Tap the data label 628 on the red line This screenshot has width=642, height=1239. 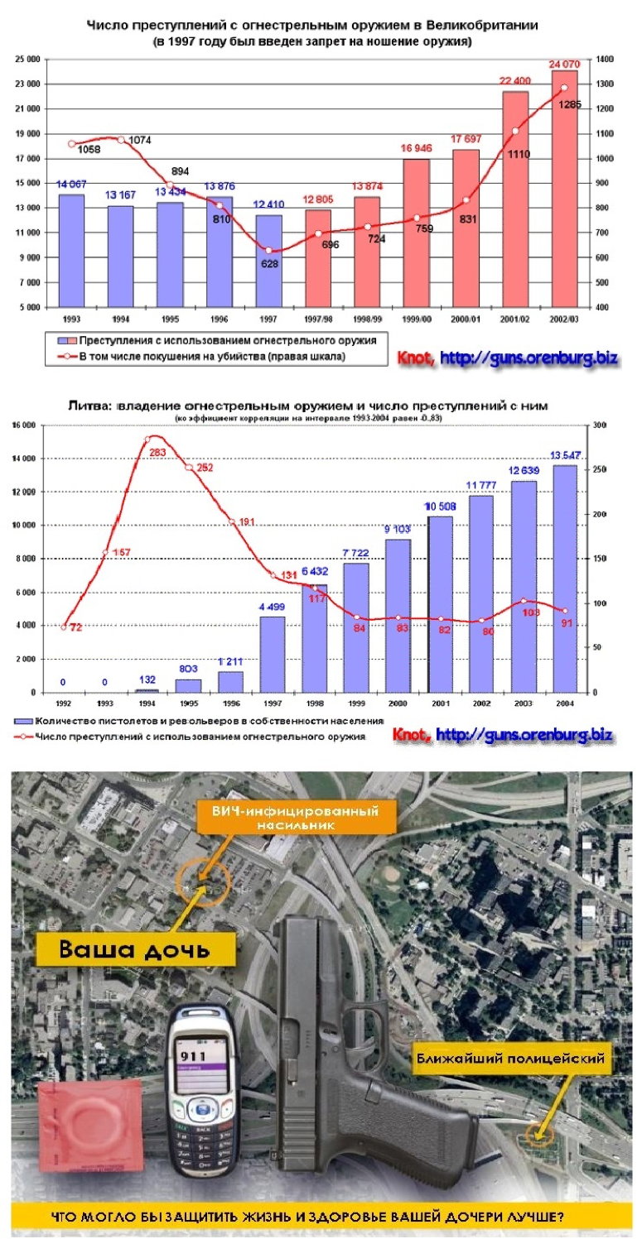[270, 263]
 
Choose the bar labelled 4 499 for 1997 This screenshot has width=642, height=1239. [274, 654]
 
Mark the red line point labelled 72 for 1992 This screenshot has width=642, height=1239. [65, 627]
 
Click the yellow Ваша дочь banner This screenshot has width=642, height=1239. [133, 948]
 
